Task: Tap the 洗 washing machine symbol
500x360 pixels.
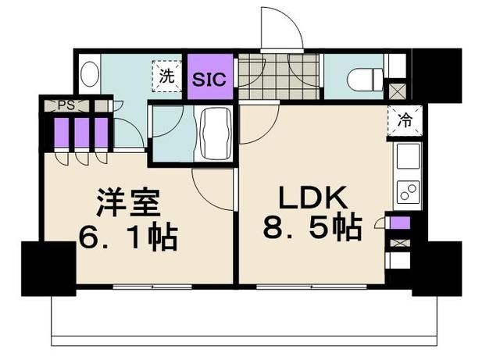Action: [x=166, y=77]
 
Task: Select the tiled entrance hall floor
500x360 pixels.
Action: [x=262, y=77]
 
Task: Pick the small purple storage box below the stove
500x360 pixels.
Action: [x=399, y=224]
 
